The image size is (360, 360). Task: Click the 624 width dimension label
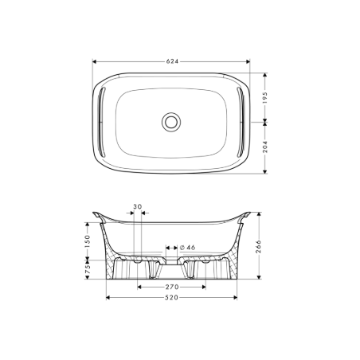click(x=171, y=61)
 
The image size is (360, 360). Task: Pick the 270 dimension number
click(x=171, y=285)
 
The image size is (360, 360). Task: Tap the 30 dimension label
click(x=137, y=207)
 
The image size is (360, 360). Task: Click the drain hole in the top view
click(x=170, y=122)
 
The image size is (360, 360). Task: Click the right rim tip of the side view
click(x=247, y=215)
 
